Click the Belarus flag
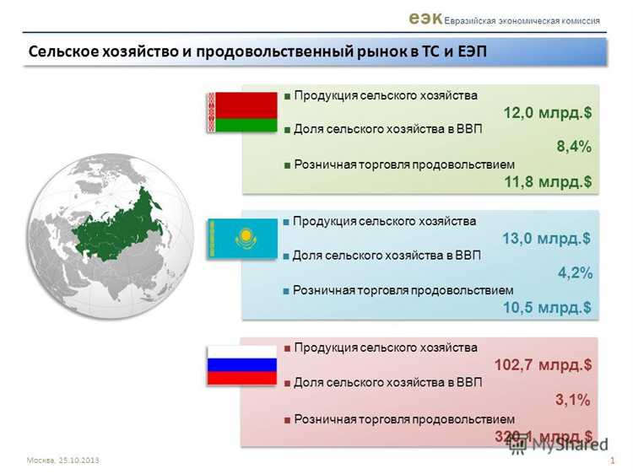[243, 112]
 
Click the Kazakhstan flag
[243, 238]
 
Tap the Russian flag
[243, 364]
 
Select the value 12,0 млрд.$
[547, 113]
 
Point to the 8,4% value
[573, 147]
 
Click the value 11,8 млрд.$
[547, 181]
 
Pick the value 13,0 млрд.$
[546, 239]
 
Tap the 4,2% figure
[574, 273]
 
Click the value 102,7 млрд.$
[543, 365]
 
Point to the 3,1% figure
[572, 399]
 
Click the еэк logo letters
[425, 17]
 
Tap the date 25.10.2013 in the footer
[80, 460]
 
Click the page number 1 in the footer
[610, 460]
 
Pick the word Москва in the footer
[40, 460]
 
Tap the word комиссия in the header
[573, 20]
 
